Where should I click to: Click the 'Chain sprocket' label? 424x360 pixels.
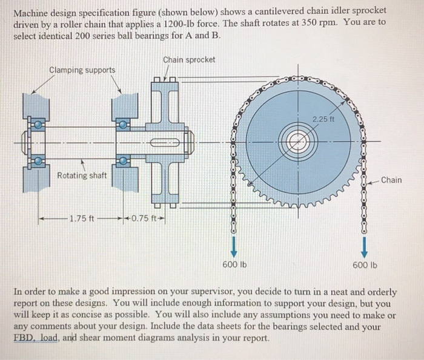pos(189,59)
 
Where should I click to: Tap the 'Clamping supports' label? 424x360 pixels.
pos(82,70)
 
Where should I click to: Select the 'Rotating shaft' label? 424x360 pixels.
pos(82,176)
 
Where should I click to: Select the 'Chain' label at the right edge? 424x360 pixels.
pos(391,180)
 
